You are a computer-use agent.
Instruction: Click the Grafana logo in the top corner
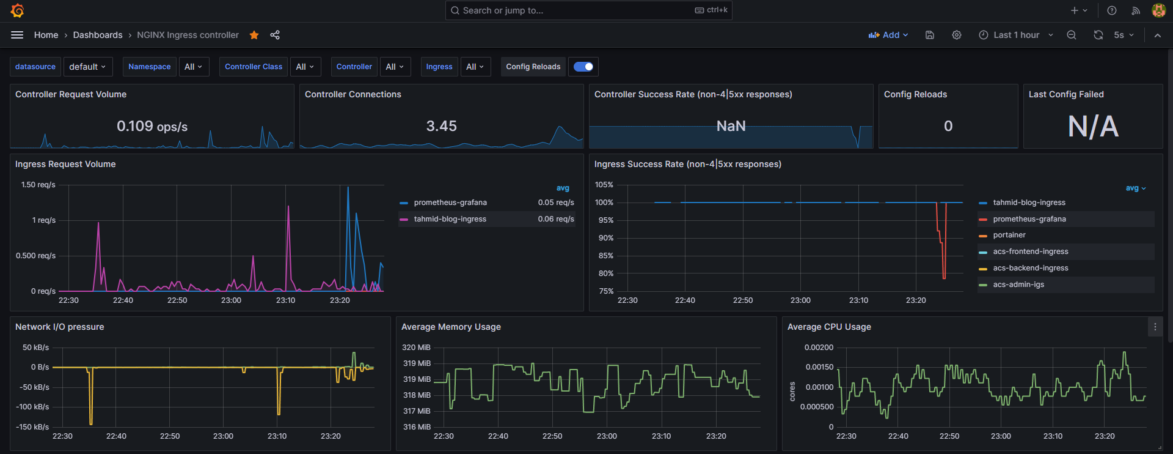click(x=17, y=10)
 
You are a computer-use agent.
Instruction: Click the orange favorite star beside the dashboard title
click(x=254, y=35)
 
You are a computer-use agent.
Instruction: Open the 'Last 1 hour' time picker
click(x=1015, y=35)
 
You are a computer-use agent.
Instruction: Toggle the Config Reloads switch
click(x=583, y=67)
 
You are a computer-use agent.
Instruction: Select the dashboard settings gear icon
click(x=957, y=35)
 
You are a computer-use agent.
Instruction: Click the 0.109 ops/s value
click(x=152, y=126)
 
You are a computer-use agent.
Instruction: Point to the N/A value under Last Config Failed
click(x=1093, y=127)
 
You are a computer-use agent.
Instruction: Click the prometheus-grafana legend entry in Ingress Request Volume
click(x=450, y=203)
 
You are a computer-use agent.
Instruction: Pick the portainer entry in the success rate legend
click(x=1009, y=235)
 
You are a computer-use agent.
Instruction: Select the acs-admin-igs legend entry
click(x=1018, y=285)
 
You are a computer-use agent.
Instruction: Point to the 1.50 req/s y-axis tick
click(x=38, y=185)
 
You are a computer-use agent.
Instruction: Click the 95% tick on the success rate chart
click(x=605, y=220)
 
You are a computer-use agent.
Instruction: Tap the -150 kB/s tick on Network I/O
click(x=34, y=427)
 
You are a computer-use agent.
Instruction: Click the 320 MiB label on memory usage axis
click(x=416, y=348)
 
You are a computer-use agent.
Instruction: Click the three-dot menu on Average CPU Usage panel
click(x=1155, y=327)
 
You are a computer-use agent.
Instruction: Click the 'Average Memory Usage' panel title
click(x=451, y=327)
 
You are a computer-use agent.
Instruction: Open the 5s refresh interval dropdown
click(x=1124, y=35)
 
